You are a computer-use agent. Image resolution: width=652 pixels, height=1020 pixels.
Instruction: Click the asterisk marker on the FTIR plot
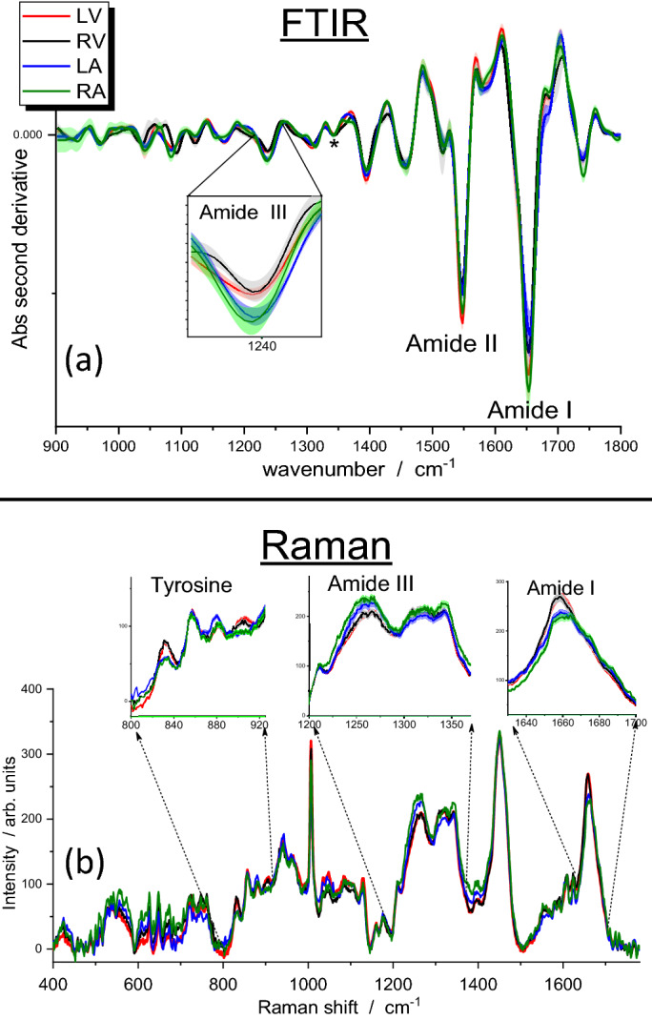point(334,145)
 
